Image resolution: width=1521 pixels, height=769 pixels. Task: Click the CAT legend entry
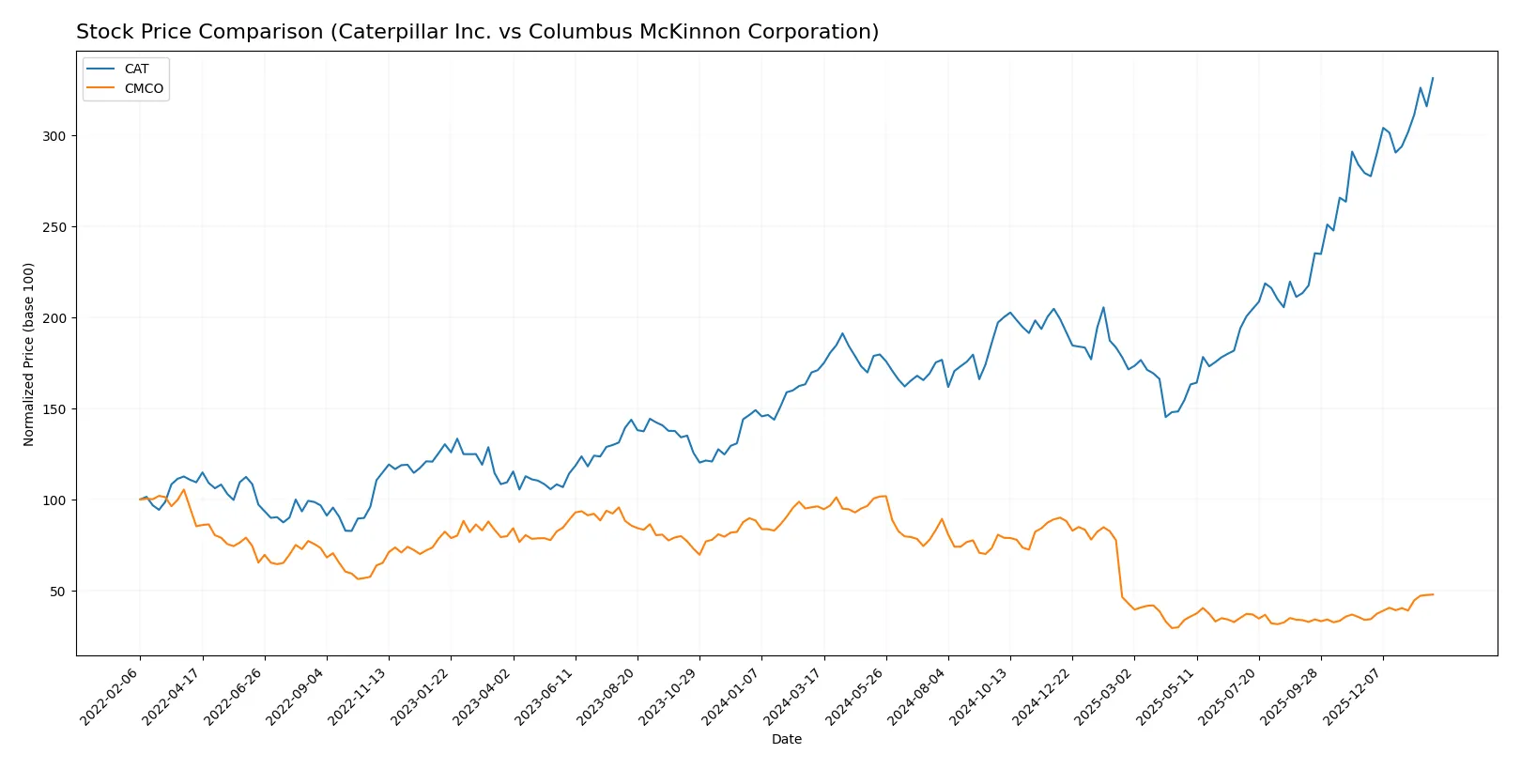pyautogui.click(x=136, y=69)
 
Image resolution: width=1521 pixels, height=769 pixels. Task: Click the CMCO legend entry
pyautogui.click(x=144, y=88)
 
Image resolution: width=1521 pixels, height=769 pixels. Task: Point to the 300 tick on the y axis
pyautogui.click(x=54, y=136)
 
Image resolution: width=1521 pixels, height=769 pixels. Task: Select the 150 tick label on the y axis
pyautogui.click(x=54, y=409)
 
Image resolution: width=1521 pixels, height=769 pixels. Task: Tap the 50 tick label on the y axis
pyautogui.click(x=58, y=592)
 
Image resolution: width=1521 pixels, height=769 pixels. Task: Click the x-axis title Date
pyautogui.click(x=786, y=739)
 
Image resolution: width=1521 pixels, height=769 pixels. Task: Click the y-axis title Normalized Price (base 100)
pyautogui.click(x=29, y=354)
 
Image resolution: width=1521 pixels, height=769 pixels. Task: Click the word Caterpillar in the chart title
pyautogui.click(x=388, y=32)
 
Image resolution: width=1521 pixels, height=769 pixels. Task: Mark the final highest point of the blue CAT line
pyautogui.click(x=1433, y=78)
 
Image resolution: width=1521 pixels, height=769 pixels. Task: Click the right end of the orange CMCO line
pyautogui.click(x=1433, y=594)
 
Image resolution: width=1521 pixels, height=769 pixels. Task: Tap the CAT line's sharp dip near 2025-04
pyautogui.click(x=1166, y=417)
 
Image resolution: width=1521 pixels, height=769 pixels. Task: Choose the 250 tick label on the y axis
pyautogui.click(x=54, y=227)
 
